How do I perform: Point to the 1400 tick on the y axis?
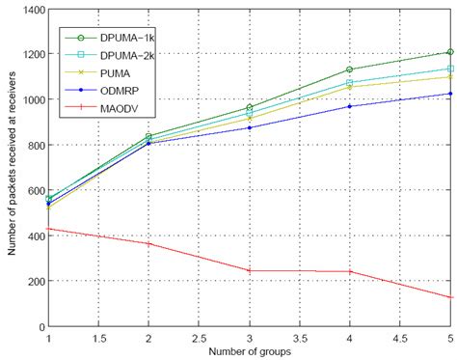[x=33, y=9]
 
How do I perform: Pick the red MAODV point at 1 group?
[x=48, y=229]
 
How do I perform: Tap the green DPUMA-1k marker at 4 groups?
[x=348, y=69]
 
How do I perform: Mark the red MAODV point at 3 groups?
[x=248, y=271]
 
